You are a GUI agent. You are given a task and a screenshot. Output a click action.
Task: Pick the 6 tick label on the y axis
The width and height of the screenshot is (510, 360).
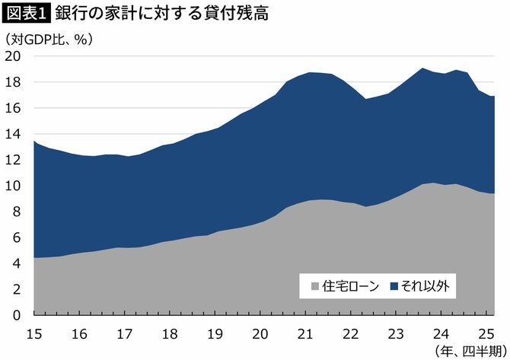tap(17, 237)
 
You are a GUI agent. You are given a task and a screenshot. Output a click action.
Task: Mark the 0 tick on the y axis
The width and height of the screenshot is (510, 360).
tap(17, 315)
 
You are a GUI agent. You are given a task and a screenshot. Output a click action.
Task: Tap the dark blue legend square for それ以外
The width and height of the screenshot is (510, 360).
tap(394, 287)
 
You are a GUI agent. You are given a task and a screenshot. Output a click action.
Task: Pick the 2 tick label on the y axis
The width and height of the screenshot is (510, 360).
tap(17, 289)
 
